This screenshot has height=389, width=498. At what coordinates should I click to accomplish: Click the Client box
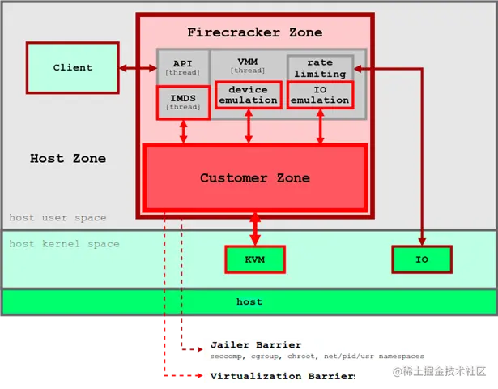pos(72,67)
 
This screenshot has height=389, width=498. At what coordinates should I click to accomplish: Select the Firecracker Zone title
pos(254,32)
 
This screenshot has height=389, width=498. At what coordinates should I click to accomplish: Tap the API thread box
pos(182,67)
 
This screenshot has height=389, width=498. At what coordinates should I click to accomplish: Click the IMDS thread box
pos(183,102)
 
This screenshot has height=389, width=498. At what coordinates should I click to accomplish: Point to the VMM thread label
pos(248,66)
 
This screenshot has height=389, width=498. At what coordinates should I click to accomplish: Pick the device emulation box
pos(249,95)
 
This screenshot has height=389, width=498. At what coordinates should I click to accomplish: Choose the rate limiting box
pos(320,68)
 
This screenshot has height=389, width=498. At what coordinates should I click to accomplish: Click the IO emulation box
pos(320,95)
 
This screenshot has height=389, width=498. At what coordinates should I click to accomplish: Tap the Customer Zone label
pos(254,177)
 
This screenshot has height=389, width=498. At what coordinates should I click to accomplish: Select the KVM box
pos(255,259)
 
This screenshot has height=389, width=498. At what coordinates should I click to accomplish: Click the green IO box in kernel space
pos(421,259)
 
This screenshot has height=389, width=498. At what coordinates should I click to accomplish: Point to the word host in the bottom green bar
pos(249,301)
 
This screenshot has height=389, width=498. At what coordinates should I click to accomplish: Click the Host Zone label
pos(68,158)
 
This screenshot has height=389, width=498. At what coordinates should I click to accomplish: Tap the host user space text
pos(57,217)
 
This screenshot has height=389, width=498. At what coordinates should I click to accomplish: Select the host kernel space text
pos(64,243)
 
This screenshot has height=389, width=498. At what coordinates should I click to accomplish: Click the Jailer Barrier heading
pos(255,344)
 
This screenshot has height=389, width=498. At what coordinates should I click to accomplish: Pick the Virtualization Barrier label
pos(283,376)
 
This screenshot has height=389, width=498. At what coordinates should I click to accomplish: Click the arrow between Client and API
pos(136,68)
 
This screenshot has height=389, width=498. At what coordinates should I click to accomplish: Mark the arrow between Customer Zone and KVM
pos(255,229)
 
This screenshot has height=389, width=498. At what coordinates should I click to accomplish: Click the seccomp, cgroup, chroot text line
pos(317,357)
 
